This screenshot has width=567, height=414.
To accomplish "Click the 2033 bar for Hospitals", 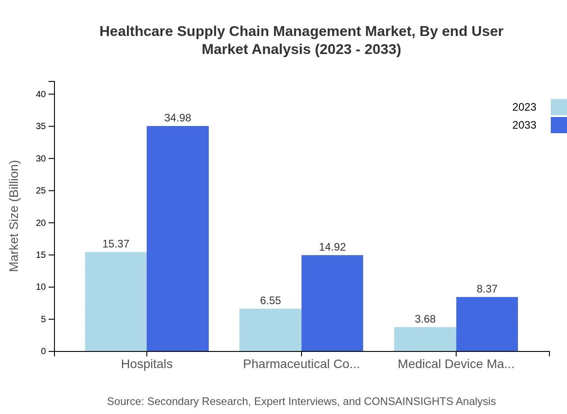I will pos(178,238).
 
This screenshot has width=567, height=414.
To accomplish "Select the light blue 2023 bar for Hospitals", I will pos(116,301).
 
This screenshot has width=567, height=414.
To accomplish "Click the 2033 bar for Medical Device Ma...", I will pos(487,324).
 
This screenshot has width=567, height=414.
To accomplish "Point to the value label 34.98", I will pos(178,118).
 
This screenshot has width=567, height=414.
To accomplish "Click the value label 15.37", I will pos(116,244).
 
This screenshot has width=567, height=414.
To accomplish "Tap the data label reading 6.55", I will pos(270,301).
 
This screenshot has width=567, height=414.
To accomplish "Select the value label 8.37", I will pos(487,289).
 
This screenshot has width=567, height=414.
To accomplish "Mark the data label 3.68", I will pos(425,319).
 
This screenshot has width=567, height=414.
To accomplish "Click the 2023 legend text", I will pos(524,107).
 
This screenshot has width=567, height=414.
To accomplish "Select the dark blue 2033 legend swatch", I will pos(558,125).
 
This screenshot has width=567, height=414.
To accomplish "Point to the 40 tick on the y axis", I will pos(41,94).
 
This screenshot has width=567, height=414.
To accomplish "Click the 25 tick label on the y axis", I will pos(41,191).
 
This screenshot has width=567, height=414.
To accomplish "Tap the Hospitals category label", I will pos(147,364).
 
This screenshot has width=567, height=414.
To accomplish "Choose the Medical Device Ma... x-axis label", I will pos(456,364).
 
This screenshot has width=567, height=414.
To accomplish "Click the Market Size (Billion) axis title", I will pos(14,216).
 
